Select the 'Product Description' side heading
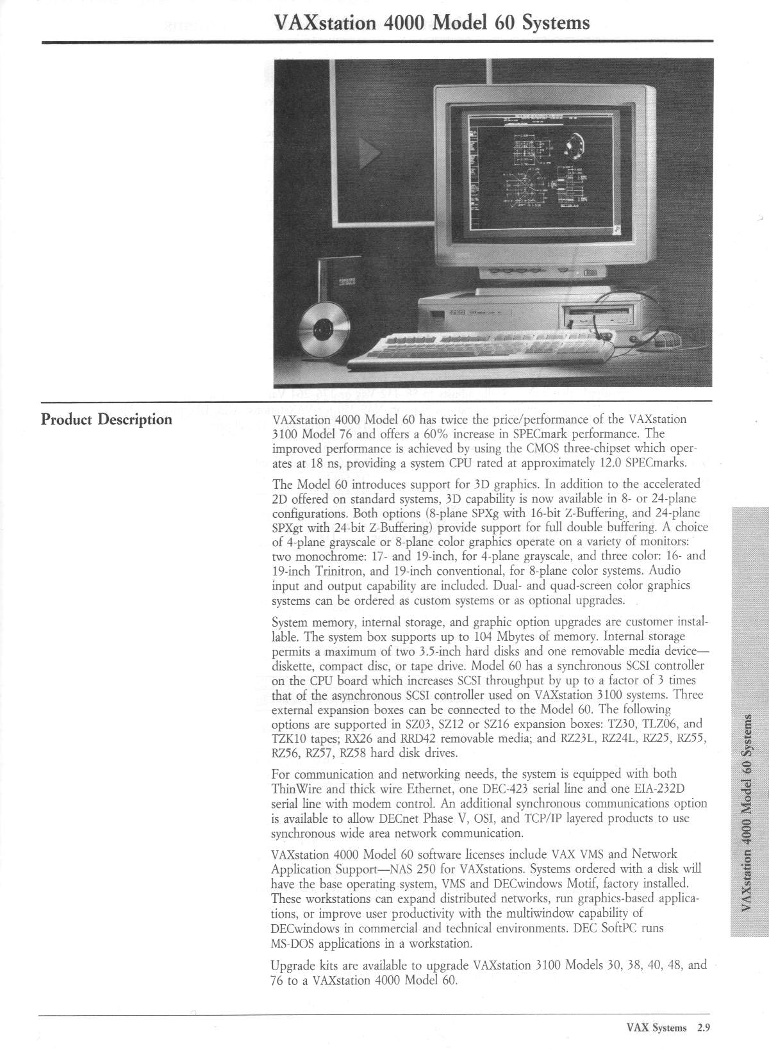click(x=106, y=420)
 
